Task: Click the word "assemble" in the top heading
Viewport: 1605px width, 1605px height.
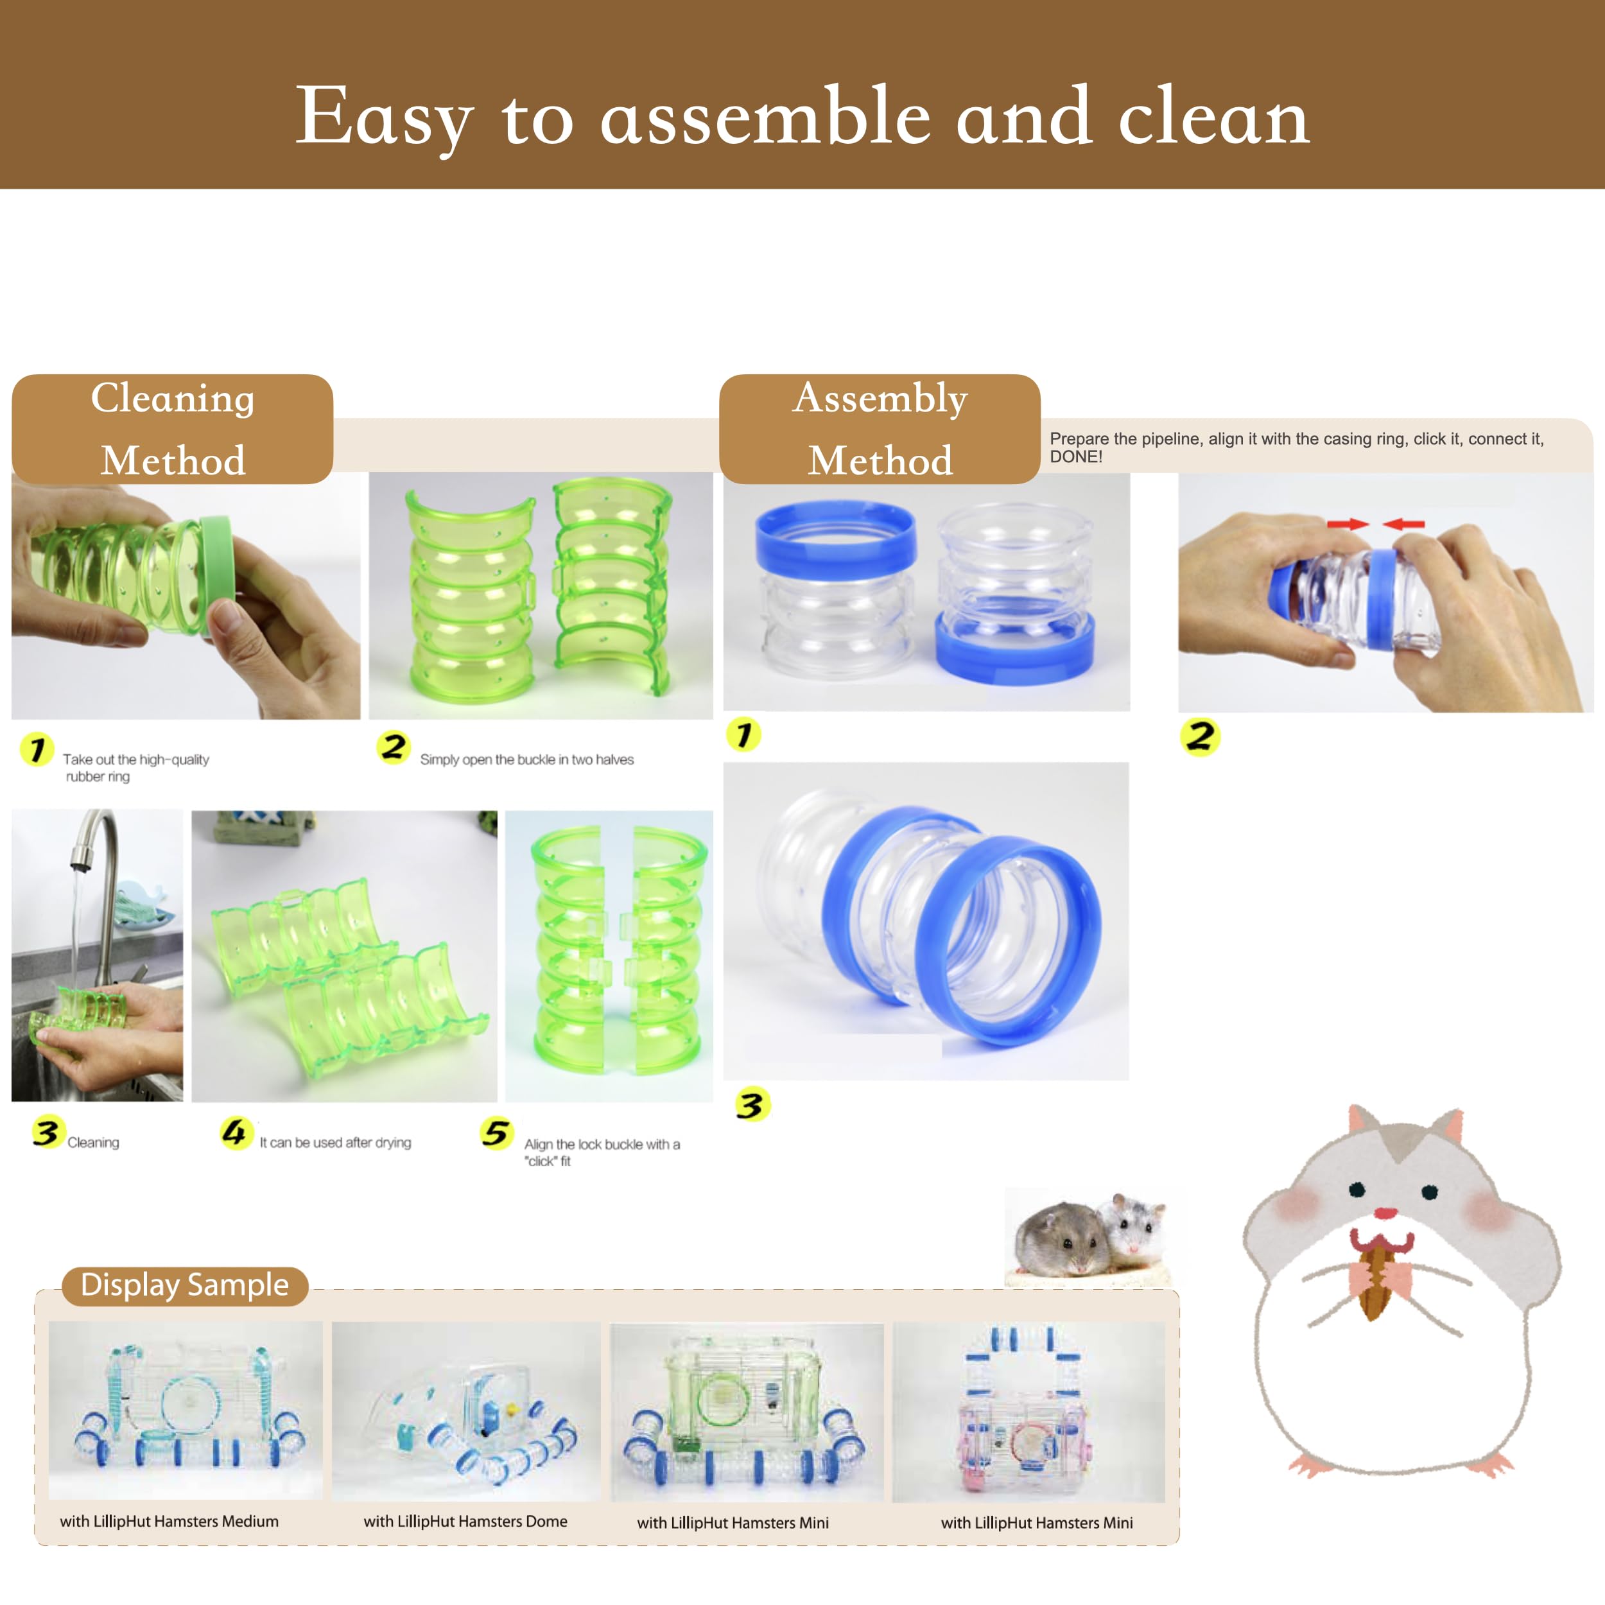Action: tap(763, 119)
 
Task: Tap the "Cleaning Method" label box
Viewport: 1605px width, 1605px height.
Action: tap(172, 429)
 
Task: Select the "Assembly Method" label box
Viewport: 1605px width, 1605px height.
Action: tap(879, 429)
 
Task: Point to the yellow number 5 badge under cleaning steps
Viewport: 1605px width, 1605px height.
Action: tap(496, 1133)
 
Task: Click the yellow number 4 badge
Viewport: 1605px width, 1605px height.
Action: tap(235, 1132)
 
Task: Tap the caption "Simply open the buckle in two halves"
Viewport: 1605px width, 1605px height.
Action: tap(526, 759)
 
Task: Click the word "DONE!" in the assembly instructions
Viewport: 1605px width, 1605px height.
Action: tap(1076, 457)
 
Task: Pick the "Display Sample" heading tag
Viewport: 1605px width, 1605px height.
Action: tap(184, 1285)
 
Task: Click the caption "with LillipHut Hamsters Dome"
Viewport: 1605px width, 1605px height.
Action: tap(465, 1521)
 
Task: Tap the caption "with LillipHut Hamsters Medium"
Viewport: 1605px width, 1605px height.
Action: tap(169, 1521)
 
